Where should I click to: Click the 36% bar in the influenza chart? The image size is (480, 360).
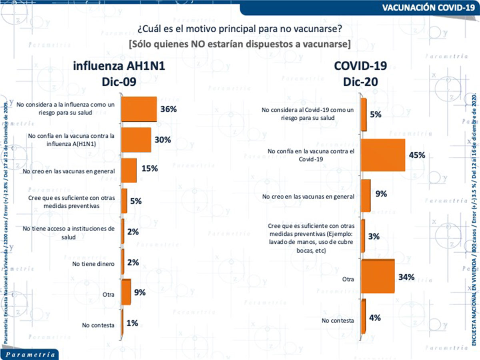coord(138,109)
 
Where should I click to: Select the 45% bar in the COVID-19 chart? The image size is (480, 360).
coord(383,155)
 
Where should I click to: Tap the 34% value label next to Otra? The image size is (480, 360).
coord(406,276)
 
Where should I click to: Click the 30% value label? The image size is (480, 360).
coord(163,140)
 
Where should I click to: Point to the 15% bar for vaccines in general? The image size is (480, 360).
coord(128,170)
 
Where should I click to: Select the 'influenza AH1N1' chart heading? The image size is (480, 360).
coord(119,66)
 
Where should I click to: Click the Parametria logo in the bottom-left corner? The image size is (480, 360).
coord(30,354)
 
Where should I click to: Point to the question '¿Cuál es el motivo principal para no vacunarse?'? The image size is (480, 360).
coord(240,29)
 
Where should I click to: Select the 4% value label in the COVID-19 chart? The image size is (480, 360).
coord(374,318)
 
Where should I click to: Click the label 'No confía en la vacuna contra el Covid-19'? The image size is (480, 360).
coord(311,155)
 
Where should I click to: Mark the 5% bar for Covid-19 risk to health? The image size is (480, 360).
coord(364,114)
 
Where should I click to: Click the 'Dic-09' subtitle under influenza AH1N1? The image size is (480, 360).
coord(119,82)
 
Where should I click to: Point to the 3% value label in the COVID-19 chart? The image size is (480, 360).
coord(374,236)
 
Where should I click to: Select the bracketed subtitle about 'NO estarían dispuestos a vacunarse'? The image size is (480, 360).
coord(240,44)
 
